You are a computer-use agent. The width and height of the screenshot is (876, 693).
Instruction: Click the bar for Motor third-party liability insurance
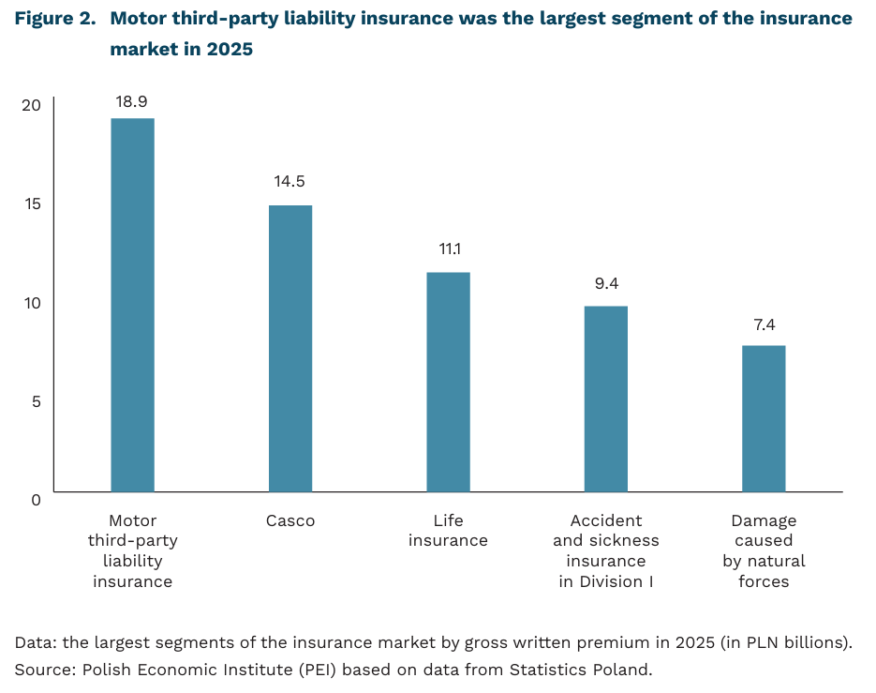tap(132, 305)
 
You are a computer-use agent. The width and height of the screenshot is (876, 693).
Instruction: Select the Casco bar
tap(290, 348)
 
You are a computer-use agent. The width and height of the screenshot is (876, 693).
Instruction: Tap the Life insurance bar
tap(448, 382)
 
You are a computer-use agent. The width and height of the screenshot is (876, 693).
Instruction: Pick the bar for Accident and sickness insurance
tap(605, 399)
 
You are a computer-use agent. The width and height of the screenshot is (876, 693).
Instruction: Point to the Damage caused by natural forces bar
tap(764, 418)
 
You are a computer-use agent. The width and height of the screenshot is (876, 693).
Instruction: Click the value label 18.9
tap(132, 101)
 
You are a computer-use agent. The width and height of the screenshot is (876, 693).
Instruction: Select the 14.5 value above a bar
tap(290, 182)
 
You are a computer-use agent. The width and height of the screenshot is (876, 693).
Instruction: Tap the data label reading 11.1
tap(449, 249)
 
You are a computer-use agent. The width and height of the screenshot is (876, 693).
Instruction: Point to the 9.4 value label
tap(605, 283)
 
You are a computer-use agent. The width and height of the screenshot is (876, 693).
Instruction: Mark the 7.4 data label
tap(764, 325)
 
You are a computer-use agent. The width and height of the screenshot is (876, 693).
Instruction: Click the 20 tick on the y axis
tap(32, 105)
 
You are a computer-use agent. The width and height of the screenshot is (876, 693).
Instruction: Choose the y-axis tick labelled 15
tap(32, 203)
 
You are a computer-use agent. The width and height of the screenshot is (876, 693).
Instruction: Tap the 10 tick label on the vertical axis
tap(32, 302)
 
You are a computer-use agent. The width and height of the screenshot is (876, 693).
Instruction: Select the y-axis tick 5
tap(36, 400)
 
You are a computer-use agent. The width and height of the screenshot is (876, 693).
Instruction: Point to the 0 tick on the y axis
tap(36, 500)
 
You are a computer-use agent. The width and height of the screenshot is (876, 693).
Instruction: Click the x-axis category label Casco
tap(290, 520)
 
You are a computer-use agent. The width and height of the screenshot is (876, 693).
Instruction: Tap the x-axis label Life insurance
tap(448, 531)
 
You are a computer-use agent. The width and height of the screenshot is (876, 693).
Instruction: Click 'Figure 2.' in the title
tap(54, 19)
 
